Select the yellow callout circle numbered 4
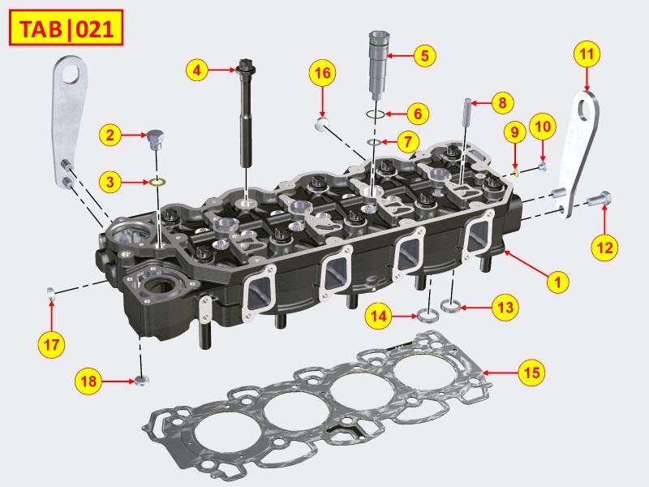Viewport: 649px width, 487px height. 196,71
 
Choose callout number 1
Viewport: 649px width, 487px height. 557,282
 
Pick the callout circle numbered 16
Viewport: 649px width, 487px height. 322,75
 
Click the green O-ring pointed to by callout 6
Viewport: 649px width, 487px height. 374,114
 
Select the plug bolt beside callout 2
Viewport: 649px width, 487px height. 157,138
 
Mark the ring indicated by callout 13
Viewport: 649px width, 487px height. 450,307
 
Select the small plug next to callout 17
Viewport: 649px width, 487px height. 50,292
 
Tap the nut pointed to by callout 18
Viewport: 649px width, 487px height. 142,380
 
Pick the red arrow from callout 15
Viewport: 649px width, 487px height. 498,372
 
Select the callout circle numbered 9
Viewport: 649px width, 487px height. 513,132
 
